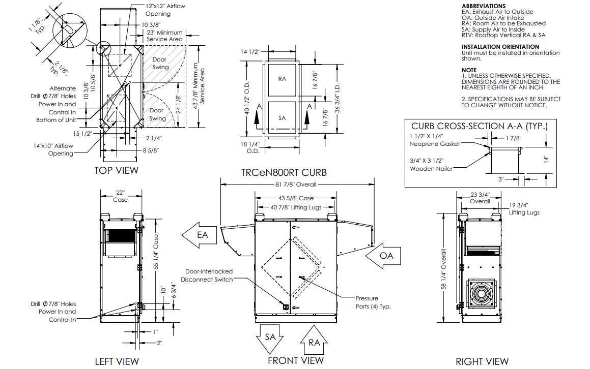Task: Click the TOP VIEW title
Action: click(116, 170)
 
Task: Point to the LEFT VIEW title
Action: click(117, 361)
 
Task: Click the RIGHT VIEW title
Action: click(482, 361)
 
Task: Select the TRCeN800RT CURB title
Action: click(284, 173)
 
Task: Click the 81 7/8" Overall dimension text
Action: click(296, 184)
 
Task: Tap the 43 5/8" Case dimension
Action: click(296, 198)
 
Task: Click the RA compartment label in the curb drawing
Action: click(283, 79)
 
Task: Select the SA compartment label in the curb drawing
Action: click(283, 117)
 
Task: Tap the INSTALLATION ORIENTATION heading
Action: click(500, 47)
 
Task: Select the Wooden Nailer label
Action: click(431, 168)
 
